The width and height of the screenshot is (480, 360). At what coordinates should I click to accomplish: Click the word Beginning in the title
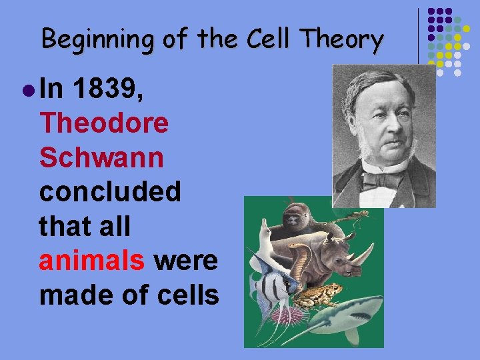tap(94, 41)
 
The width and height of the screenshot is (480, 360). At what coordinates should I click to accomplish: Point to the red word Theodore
tap(104, 123)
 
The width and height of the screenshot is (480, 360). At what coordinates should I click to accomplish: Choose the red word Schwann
tap(101, 158)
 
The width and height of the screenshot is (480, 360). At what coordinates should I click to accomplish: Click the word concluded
tap(110, 193)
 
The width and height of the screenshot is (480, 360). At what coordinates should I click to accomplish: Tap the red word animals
tap(92, 261)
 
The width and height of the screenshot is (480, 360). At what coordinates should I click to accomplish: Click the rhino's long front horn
tap(365, 252)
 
